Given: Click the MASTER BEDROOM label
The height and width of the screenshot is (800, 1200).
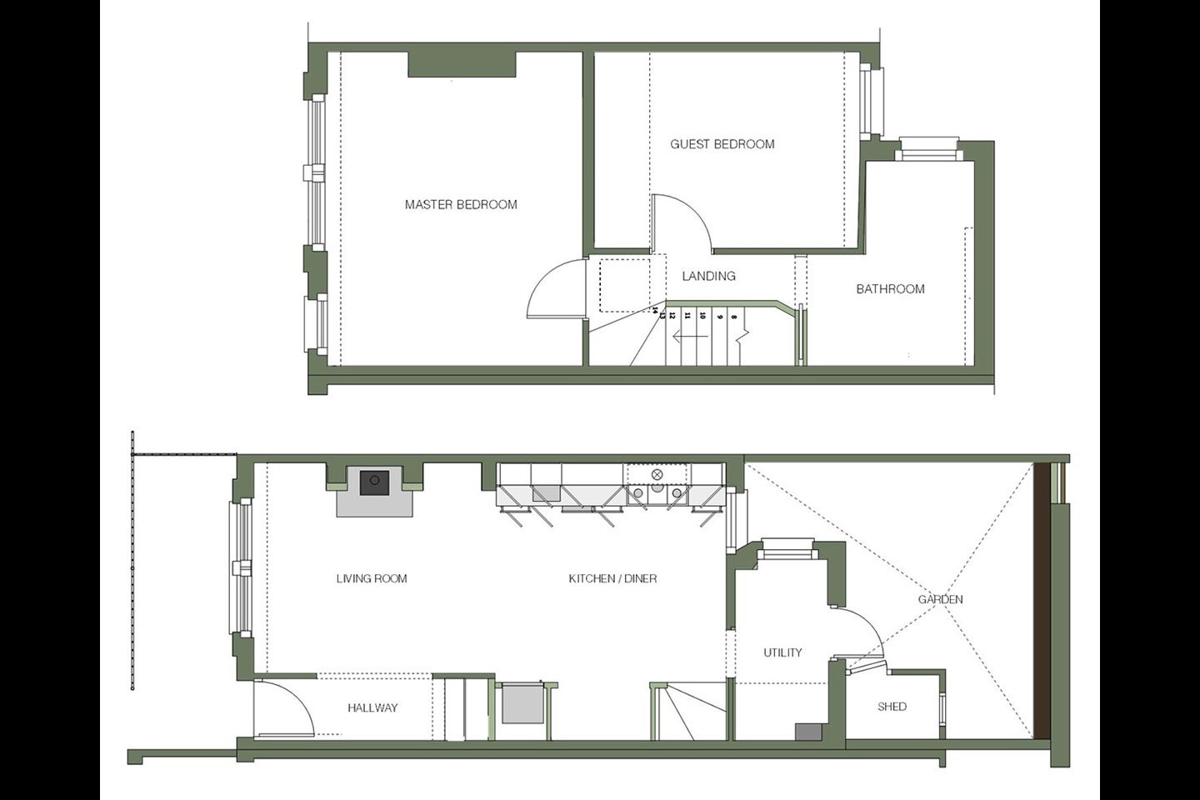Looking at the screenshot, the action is click(x=461, y=204).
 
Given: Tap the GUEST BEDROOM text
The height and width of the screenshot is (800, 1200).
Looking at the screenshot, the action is click(x=722, y=143).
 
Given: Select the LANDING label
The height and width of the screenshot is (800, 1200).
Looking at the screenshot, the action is click(x=708, y=276).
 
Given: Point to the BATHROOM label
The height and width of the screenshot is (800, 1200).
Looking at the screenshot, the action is click(x=890, y=289).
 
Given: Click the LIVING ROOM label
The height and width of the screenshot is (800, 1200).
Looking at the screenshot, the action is click(x=372, y=578).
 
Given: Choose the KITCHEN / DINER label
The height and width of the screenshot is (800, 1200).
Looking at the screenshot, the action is click(x=612, y=578).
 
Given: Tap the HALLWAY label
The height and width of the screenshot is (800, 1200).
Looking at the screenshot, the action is click(x=372, y=707).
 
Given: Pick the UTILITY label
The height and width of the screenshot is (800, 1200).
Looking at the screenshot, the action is click(x=782, y=652).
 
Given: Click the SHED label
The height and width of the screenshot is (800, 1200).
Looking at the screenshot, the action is click(x=892, y=706).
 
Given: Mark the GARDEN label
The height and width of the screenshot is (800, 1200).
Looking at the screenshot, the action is click(x=941, y=599).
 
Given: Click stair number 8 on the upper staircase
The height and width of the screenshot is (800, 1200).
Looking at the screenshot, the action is click(x=734, y=317).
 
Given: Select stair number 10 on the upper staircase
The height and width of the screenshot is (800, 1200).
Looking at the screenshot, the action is click(x=702, y=316).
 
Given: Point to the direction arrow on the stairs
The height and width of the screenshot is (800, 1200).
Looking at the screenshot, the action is click(x=691, y=337).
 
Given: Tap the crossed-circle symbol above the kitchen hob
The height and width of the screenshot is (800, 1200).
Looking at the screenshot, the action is click(x=657, y=474).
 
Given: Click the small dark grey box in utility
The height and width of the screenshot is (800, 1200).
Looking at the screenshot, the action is click(x=807, y=732).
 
